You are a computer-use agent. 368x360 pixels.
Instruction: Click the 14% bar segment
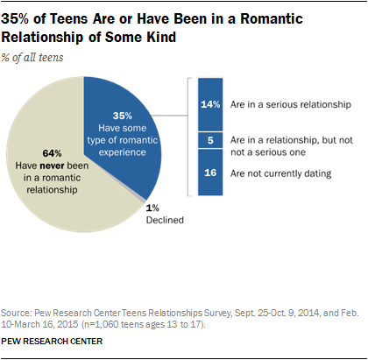click(211, 103)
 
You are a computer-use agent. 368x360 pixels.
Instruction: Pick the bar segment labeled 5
click(211, 143)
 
